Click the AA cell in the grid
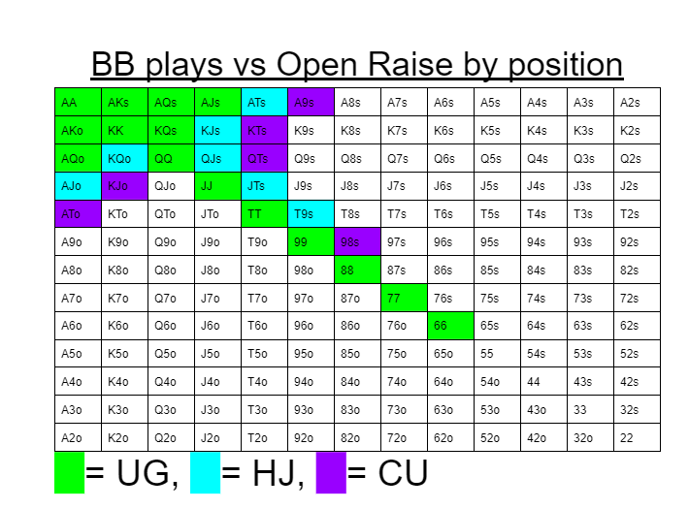[79, 102]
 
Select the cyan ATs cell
[265, 102]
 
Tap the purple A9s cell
[312, 102]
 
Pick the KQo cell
[125, 158]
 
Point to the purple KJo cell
[125, 186]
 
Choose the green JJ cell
[218, 186]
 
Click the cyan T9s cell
[312, 214]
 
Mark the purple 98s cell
[358, 241]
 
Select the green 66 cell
[451, 326]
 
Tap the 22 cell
[638, 437]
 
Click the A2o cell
[79, 437]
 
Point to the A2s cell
[638, 102]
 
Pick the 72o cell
[405, 437]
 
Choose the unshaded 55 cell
[498, 354]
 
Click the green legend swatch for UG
[70, 473]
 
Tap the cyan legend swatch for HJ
[205, 473]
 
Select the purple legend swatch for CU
[331, 473]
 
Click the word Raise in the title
[410, 65]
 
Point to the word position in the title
[566, 66]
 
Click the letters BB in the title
[113, 65]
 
